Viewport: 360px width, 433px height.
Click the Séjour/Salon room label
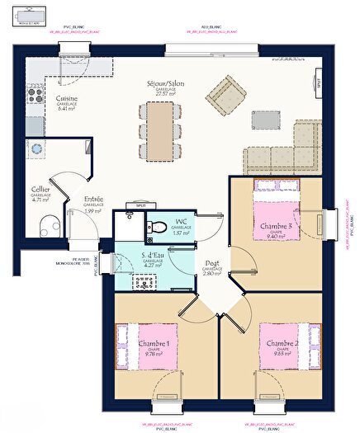(159, 84)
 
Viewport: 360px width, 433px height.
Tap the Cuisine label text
(67, 98)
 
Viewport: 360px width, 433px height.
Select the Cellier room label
(40, 189)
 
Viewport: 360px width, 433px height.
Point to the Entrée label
(92, 200)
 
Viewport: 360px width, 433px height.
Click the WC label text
(182, 222)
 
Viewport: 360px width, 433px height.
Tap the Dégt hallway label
(212, 264)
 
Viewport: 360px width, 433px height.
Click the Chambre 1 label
(154, 343)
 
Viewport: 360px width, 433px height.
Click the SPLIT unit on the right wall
(317, 82)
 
